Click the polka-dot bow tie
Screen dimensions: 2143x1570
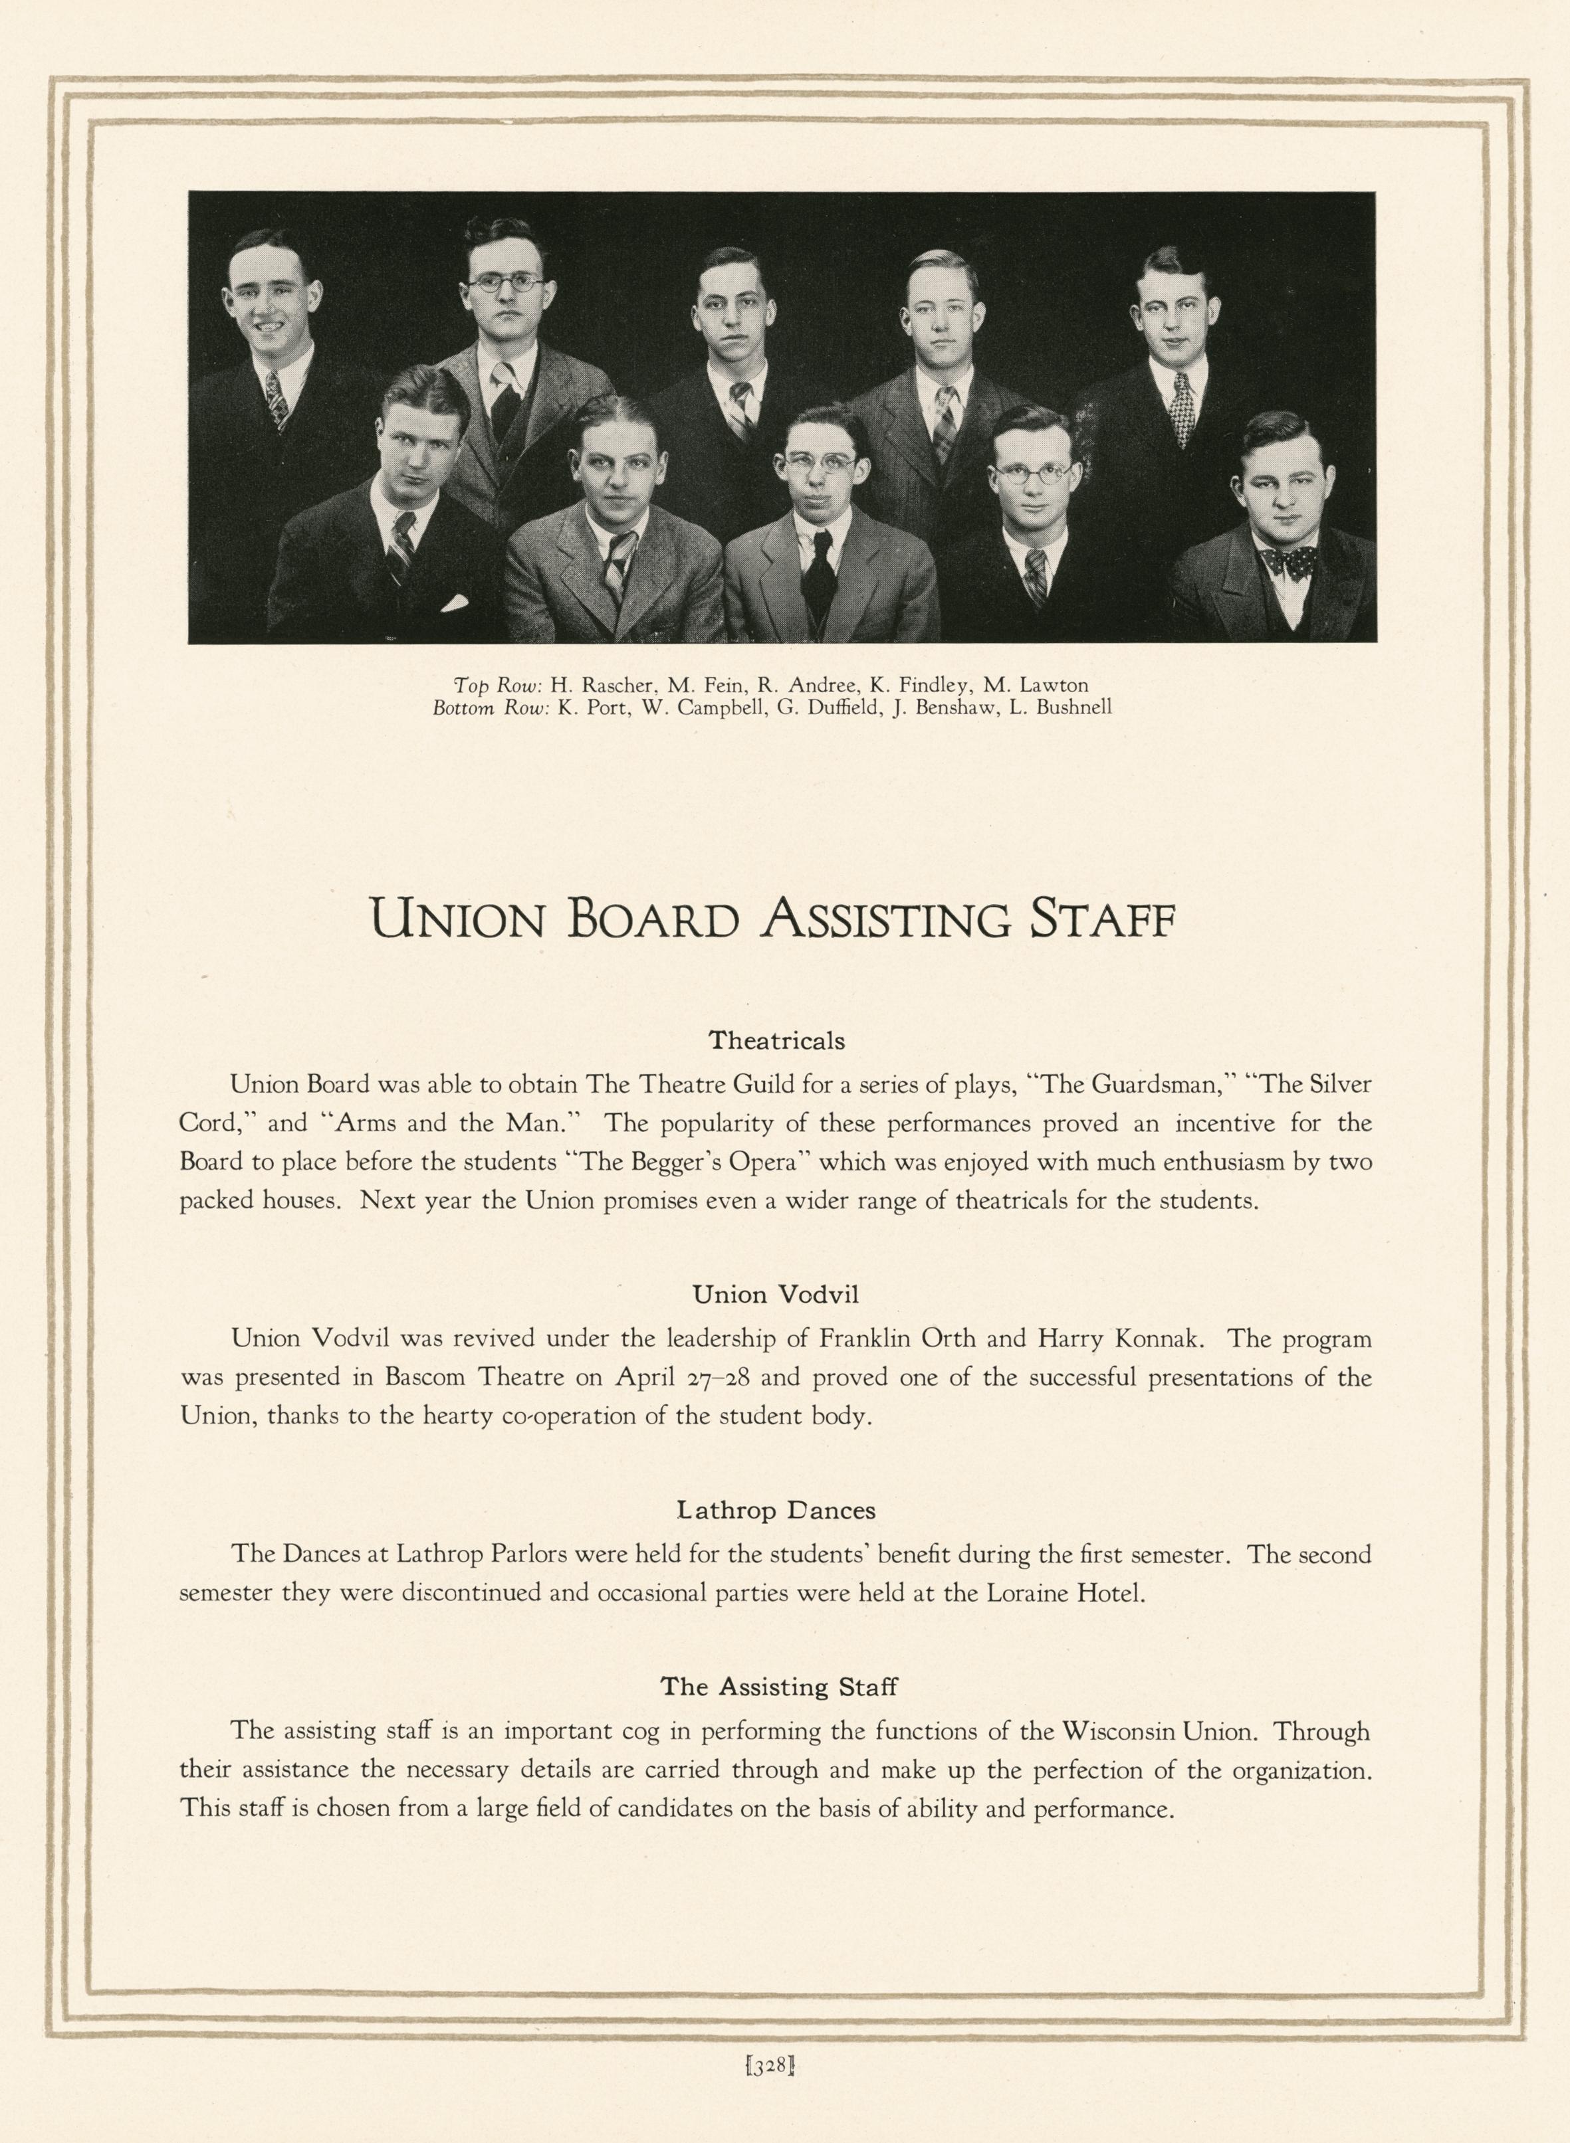[x=1289, y=563]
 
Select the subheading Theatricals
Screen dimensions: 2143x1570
[x=776, y=1041]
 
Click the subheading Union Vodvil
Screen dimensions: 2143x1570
[x=776, y=1295]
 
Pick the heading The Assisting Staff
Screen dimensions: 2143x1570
[x=778, y=1687]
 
